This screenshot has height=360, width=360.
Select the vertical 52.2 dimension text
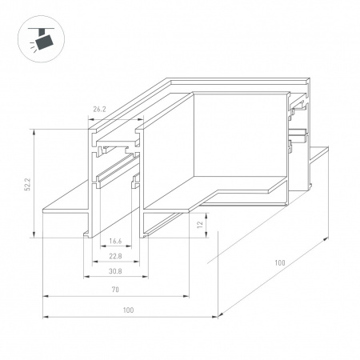27,183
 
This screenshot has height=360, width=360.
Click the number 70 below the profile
115,289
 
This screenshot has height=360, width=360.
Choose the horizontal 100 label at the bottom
129,310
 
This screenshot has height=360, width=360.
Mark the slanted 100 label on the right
280,262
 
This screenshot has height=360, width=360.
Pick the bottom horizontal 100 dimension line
129,317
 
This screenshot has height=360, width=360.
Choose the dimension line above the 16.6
116,247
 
